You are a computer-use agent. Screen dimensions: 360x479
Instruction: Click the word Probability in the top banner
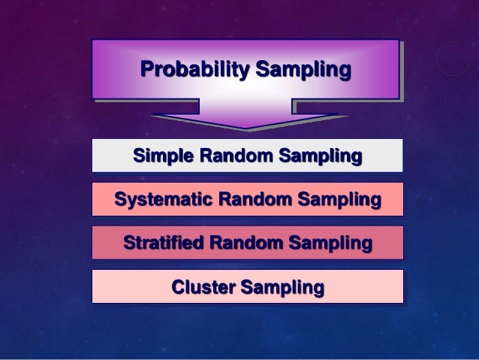tap(194, 71)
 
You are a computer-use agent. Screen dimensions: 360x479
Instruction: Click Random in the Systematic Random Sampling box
tap(254, 200)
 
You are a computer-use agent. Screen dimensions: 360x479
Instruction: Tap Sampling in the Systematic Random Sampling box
tap(338, 200)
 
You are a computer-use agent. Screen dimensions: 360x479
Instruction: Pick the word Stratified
tap(163, 244)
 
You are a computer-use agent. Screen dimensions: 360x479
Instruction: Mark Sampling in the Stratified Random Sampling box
tap(330, 244)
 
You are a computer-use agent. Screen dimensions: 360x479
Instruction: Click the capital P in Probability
tap(147, 71)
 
